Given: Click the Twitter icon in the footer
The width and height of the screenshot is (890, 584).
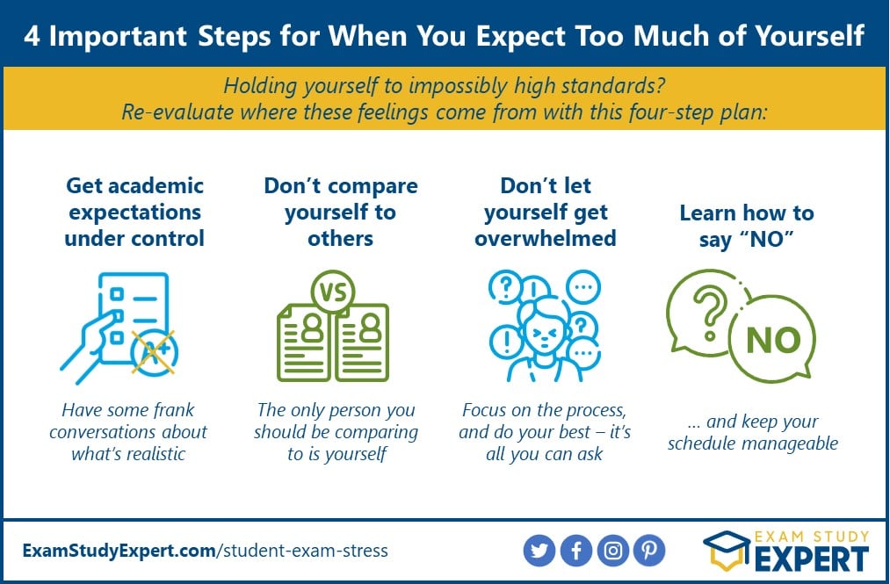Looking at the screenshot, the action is click(x=539, y=551).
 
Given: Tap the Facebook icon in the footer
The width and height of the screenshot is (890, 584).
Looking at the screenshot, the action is click(x=576, y=551).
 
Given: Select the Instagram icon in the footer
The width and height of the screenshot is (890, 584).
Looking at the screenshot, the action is click(x=613, y=551).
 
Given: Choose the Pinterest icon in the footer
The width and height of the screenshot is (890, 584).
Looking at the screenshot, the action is click(x=649, y=551).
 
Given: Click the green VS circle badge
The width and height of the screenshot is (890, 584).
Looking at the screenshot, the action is click(x=333, y=292).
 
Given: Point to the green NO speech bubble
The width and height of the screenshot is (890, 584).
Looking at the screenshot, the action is click(x=773, y=340).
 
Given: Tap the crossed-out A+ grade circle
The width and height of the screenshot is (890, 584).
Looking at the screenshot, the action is click(x=154, y=352).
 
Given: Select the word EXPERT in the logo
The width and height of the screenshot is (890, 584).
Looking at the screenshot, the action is click(x=812, y=559).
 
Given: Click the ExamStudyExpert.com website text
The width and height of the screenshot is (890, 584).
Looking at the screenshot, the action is click(x=119, y=551).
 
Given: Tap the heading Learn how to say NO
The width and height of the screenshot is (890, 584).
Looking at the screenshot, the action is click(x=747, y=226).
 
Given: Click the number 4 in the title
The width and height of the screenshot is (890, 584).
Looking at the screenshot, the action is click(x=32, y=36).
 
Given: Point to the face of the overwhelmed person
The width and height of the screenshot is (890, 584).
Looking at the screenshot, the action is click(x=544, y=333).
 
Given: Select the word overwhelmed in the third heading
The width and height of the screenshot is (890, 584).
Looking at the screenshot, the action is click(x=546, y=238).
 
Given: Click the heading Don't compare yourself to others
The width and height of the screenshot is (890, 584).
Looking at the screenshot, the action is click(x=341, y=213).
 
